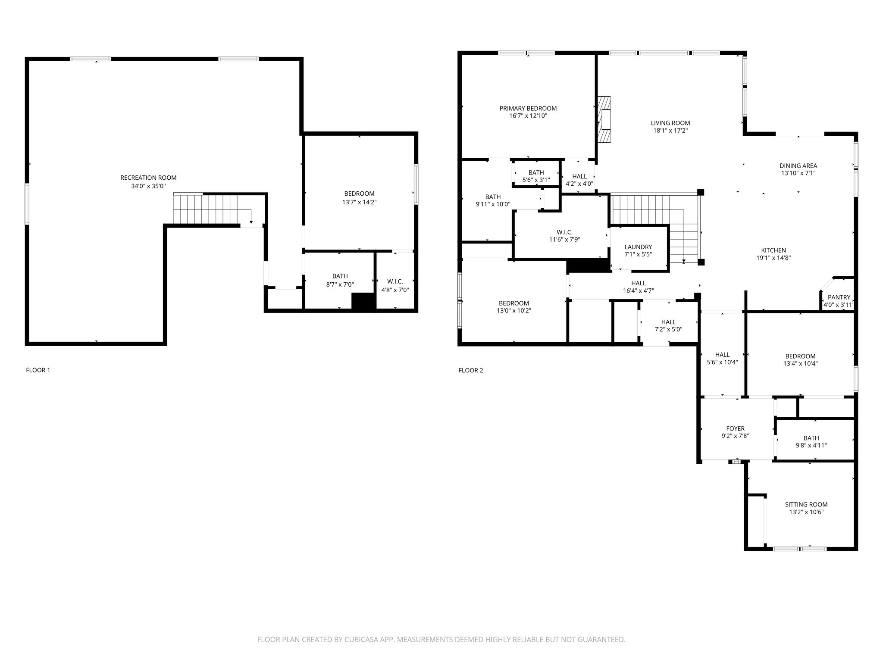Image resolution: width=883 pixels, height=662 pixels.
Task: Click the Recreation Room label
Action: click(x=148, y=178)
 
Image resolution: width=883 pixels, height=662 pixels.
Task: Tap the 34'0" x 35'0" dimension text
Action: click(x=148, y=186)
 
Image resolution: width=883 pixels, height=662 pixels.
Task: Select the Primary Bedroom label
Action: click(x=528, y=108)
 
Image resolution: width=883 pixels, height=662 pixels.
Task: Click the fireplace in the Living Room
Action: click(x=604, y=119)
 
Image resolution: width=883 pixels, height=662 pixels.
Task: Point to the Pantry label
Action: click(x=839, y=297)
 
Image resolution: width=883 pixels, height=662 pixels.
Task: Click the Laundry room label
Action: click(x=638, y=247)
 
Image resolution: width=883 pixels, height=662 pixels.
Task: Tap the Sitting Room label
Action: click(x=806, y=504)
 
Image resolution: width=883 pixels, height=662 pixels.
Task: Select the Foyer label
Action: click(x=735, y=428)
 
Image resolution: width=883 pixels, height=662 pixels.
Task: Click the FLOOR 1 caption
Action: click(x=38, y=370)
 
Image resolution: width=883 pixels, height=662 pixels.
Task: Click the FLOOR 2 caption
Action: click(x=470, y=370)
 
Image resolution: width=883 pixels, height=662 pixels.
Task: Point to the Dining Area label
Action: click(x=798, y=165)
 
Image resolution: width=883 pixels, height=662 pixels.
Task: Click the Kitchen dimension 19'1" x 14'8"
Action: click(x=773, y=258)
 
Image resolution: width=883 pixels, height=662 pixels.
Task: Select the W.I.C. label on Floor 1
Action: click(x=395, y=281)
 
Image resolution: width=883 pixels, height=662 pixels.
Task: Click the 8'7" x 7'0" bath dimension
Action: click(x=340, y=284)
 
